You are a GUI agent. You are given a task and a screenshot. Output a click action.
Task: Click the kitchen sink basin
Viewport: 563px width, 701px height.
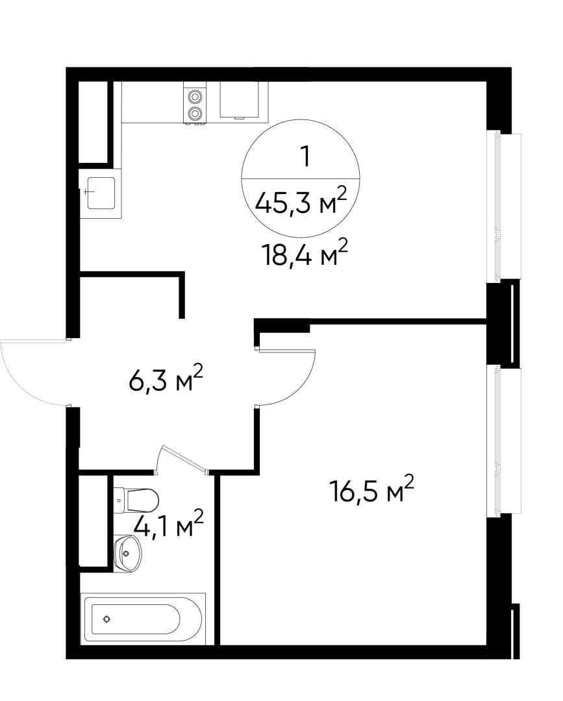(x=101, y=192)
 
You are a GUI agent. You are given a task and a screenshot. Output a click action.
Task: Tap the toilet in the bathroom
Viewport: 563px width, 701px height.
(x=142, y=500)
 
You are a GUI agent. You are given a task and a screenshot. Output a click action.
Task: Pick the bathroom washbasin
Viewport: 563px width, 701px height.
(x=129, y=554)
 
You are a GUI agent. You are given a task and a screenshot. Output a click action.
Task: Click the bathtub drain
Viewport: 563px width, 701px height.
(x=106, y=619)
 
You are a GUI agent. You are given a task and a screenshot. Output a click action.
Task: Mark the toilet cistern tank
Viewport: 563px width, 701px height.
(x=119, y=500)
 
